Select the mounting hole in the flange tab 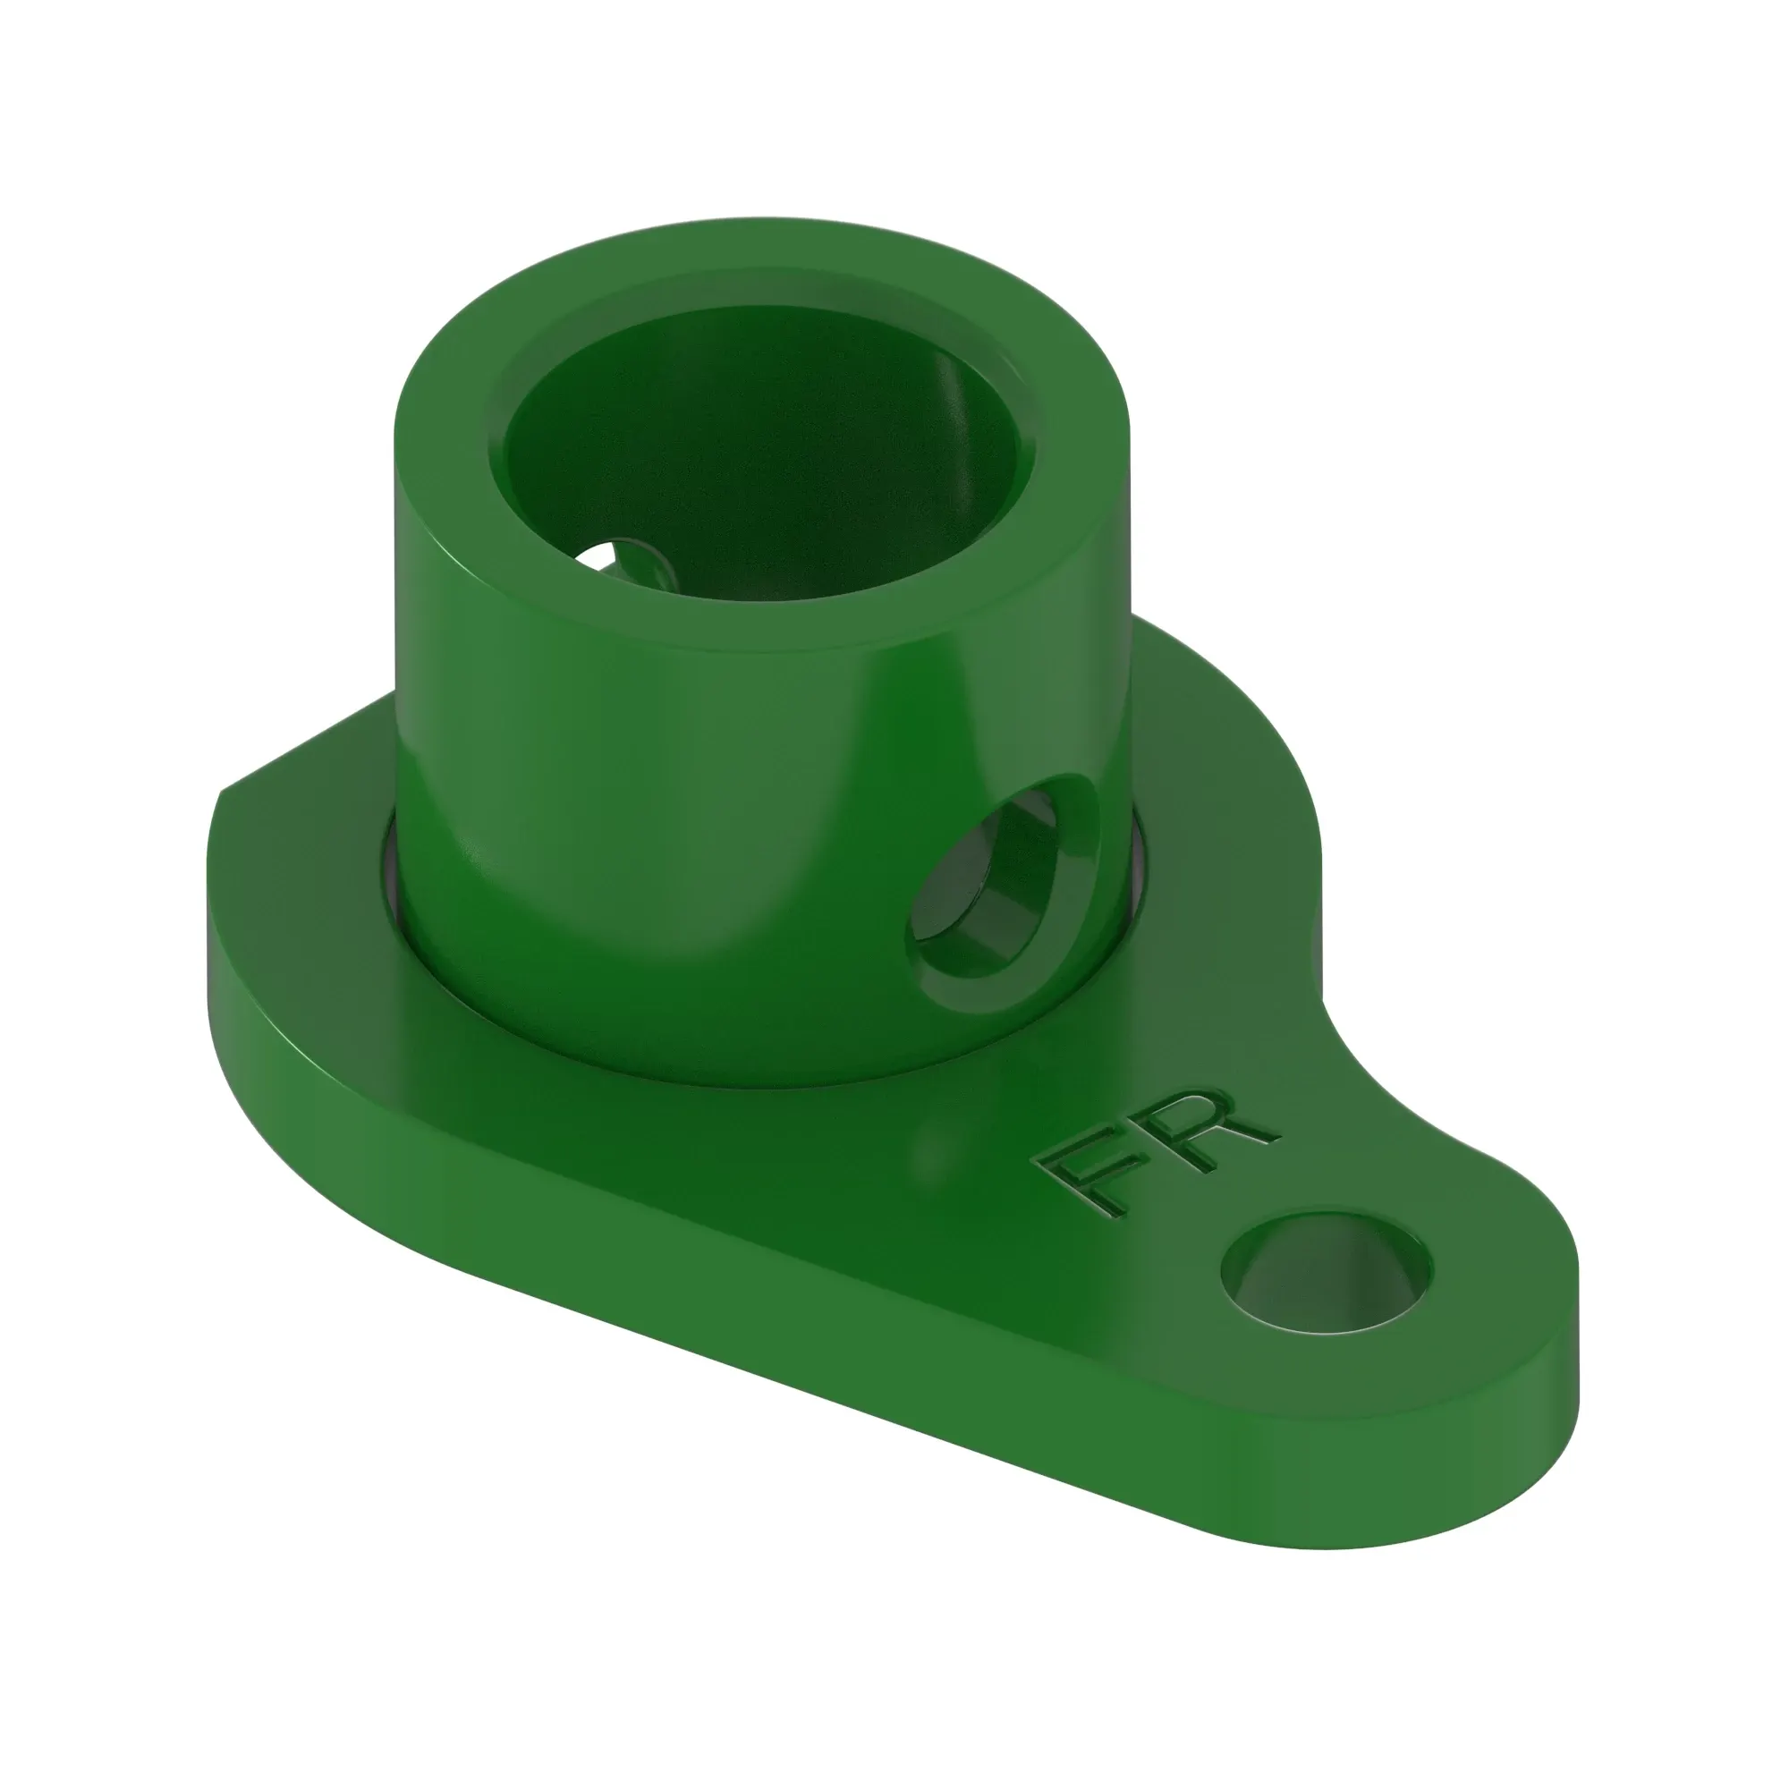[x=1327, y=1275]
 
